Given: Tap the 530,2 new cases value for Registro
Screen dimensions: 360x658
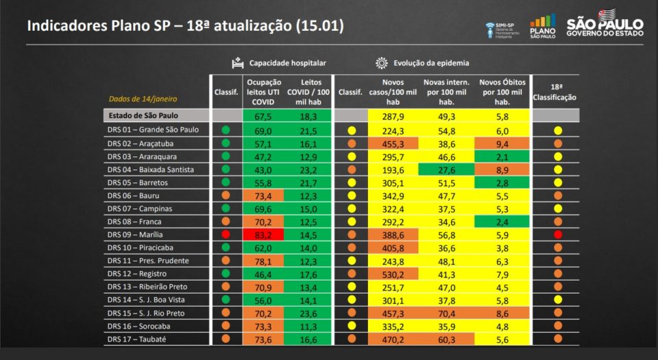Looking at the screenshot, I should click(x=393, y=274).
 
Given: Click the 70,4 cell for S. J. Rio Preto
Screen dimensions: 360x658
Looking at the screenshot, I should click(x=450, y=313).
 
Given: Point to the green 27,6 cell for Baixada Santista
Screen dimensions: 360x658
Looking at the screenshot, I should click(x=450, y=169).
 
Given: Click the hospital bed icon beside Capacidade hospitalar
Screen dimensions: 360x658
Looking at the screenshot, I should click(x=237, y=63).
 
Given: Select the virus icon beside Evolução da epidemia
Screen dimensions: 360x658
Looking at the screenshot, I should click(x=382, y=63).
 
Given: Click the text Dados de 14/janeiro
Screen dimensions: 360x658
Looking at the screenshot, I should click(x=135, y=99).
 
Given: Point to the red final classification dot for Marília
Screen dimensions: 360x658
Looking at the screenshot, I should click(x=557, y=235).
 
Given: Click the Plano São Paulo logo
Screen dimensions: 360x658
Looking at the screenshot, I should click(x=543, y=27).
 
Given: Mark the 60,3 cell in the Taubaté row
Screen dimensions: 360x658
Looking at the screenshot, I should click(x=450, y=339).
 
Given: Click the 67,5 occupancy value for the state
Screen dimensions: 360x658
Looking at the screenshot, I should click(x=263, y=117).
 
